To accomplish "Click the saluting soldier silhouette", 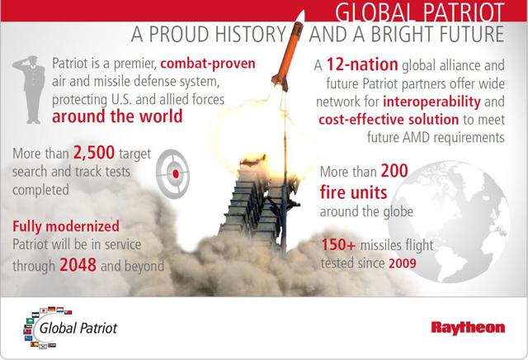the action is pos(30,90).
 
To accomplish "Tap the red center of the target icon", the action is pos(176,174).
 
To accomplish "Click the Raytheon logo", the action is pos(468,328).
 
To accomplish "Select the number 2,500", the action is pos(94,153).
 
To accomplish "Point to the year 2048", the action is pos(78,265).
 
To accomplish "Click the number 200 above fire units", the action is pos(394,171).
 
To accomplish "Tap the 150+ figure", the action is pos(338,244).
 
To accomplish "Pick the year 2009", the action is pos(403,263).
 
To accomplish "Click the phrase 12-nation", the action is pos(362,64).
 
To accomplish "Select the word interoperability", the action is pos(432,102).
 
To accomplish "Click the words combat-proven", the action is pos(208,64).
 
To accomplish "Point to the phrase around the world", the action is pos(117,116).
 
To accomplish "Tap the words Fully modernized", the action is pos(66,226).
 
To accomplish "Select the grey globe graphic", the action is pos(449,221).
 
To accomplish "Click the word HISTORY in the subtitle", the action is pos(251,34).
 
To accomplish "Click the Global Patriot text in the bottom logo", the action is pos(78,328).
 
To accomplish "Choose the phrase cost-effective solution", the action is pos(389,120).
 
